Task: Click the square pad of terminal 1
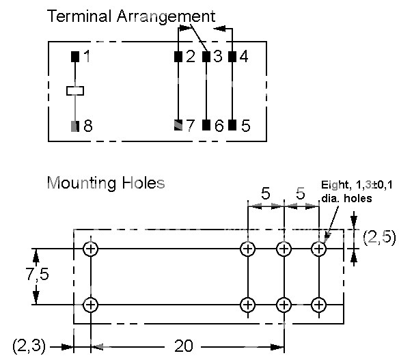[x=75, y=57]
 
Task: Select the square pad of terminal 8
[x=75, y=126]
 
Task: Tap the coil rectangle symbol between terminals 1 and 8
[x=75, y=91]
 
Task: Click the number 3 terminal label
[x=217, y=56]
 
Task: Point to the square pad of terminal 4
[x=232, y=57]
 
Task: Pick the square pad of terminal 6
[x=206, y=125]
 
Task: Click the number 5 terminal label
[x=245, y=126]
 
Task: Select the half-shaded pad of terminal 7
[x=178, y=125]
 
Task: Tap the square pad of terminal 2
[x=178, y=57]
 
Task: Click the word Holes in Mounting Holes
[x=143, y=183]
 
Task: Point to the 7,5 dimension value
[x=38, y=274]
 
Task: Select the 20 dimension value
[x=184, y=346]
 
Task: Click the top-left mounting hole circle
[x=91, y=249]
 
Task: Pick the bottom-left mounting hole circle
[x=91, y=305]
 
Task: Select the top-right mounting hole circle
[x=319, y=249]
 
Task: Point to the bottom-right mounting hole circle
[x=319, y=305]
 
